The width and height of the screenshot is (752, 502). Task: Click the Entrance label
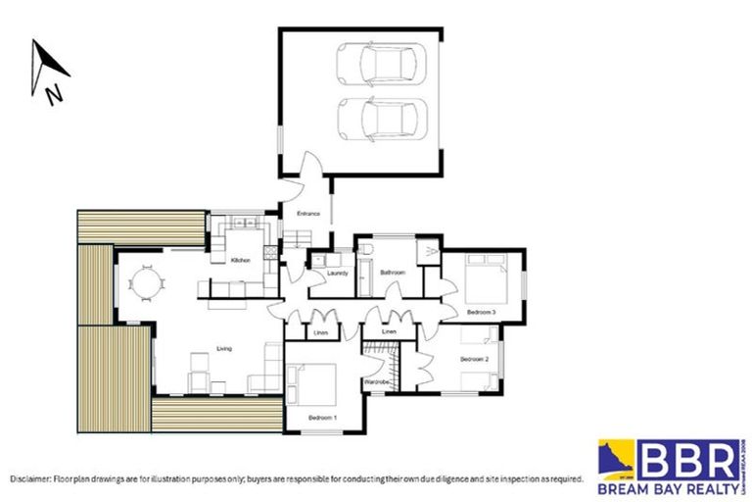[x=308, y=213]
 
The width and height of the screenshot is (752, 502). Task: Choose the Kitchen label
[x=241, y=260]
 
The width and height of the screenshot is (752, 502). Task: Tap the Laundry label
[x=324, y=274]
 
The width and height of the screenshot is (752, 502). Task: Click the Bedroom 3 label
[x=481, y=312]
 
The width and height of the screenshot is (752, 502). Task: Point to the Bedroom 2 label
[x=474, y=360]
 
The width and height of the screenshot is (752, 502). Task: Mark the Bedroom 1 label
[x=322, y=419]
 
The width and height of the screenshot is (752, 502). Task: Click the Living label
[x=224, y=348]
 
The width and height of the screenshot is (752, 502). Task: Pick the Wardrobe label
[x=377, y=380]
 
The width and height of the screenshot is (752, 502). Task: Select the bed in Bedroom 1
[x=312, y=384]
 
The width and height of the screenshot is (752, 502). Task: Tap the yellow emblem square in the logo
[x=616, y=458]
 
